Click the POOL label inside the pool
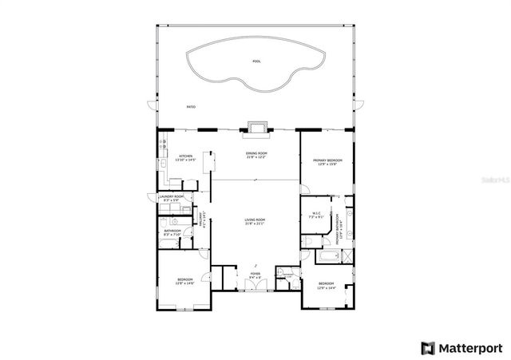tap(256, 61)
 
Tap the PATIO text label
tap(191, 106)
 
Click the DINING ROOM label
tap(255, 154)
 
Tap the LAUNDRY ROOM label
tap(171, 197)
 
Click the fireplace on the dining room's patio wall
tap(256, 128)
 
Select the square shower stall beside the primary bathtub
tap(347, 256)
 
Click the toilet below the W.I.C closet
tap(307, 239)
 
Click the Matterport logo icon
tap(429, 347)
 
